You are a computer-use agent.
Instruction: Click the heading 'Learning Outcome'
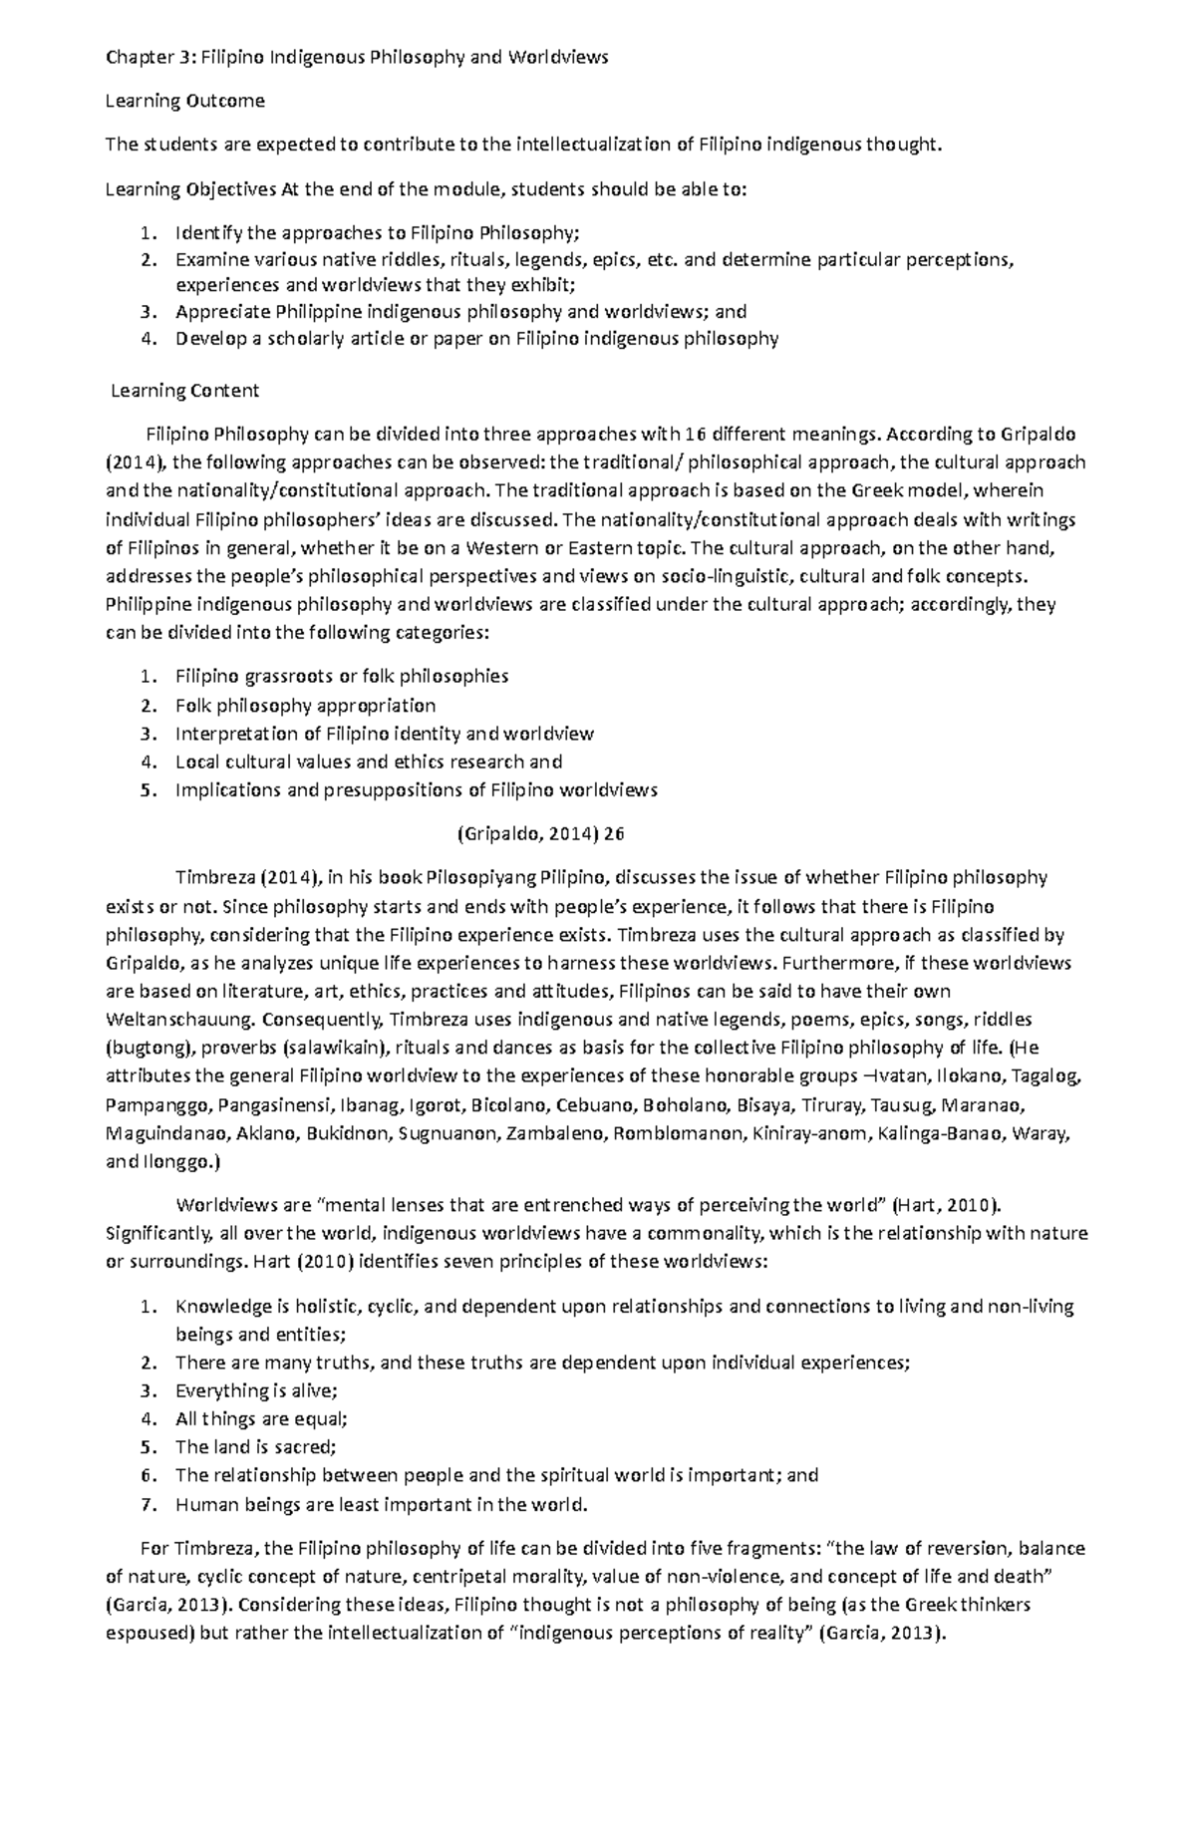(x=184, y=101)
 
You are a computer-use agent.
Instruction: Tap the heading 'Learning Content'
(x=184, y=391)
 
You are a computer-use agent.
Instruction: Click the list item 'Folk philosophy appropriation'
(x=305, y=706)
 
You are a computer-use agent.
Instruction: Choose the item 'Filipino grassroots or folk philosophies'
(x=341, y=677)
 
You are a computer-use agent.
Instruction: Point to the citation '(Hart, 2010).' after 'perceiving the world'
(x=939, y=1205)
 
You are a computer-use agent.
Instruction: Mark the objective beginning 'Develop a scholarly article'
(x=475, y=339)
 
